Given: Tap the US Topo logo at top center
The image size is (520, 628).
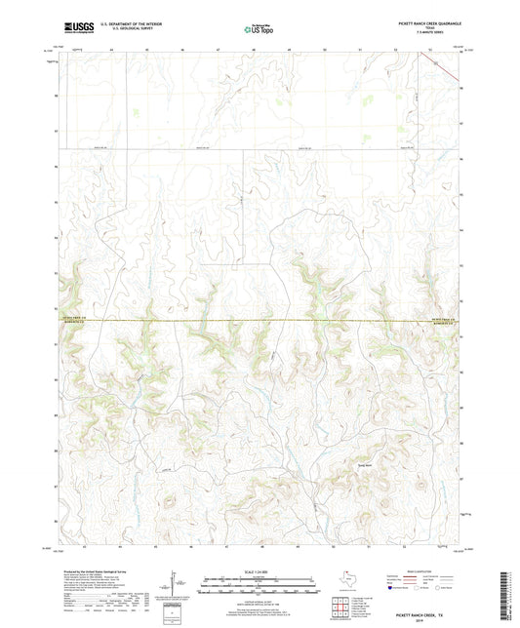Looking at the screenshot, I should pyautogui.click(x=260, y=29).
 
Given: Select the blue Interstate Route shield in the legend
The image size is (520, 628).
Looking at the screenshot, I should pyautogui.click(x=394, y=589).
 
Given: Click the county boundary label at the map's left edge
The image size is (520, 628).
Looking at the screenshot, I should pyautogui.click(x=75, y=320).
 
